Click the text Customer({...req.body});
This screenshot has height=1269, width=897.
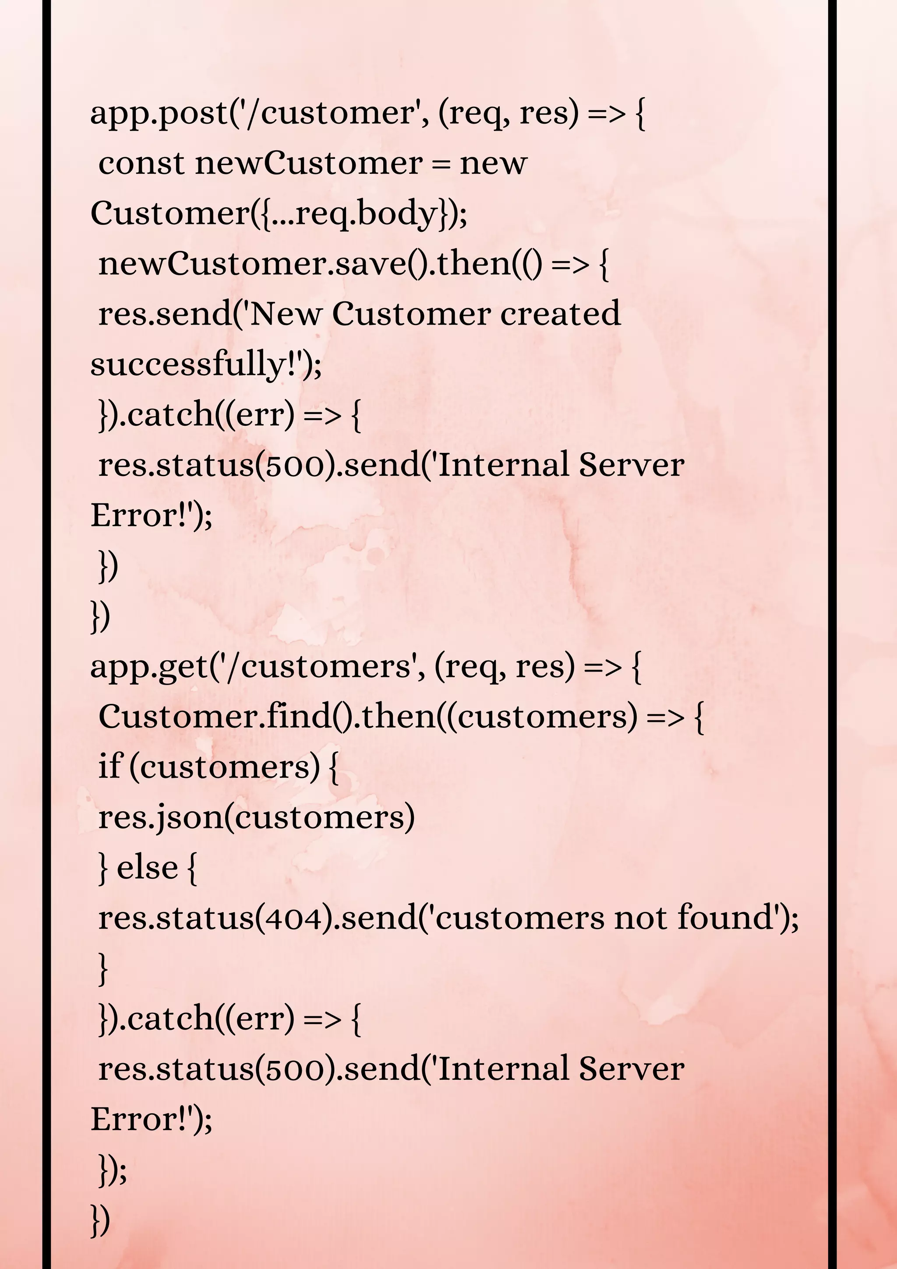click(x=279, y=214)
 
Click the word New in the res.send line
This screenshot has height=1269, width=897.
click(x=285, y=314)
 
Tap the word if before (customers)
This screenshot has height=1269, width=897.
click(x=109, y=767)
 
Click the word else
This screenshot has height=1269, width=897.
click(x=147, y=867)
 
